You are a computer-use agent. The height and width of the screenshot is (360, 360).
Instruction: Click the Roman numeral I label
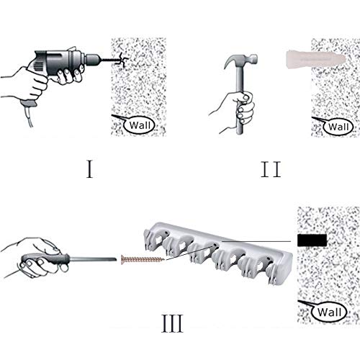point(90,169)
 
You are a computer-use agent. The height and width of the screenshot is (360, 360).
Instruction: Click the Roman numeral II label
point(271,169)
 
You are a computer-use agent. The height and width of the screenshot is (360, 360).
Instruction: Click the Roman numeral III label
point(173,323)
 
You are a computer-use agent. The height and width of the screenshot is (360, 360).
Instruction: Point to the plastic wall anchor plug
point(315,58)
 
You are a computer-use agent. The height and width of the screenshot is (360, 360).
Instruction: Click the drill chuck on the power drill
point(92,59)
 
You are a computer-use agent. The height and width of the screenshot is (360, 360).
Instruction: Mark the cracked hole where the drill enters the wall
point(122,59)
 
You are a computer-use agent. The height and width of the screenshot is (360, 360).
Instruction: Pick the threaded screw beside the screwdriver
point(143,260)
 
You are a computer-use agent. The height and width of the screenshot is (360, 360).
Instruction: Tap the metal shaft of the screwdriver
point(93,259)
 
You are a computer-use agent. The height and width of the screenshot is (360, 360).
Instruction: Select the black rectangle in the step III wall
point(312,240)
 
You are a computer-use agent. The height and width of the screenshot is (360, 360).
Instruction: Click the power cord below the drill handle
point(28,117)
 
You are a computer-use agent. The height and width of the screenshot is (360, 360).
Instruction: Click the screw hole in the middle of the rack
point(215,246)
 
